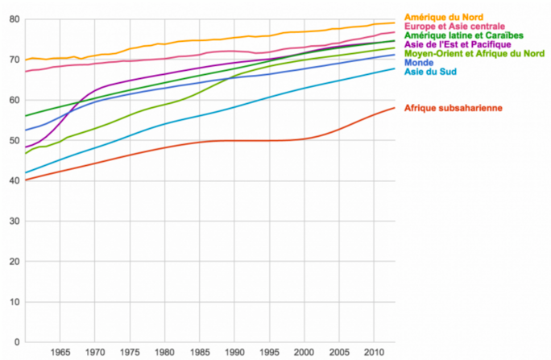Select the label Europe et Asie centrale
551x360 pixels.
pos(454,27)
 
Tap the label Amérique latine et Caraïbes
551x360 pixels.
pos(464,36)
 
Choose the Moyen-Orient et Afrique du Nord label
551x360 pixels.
pos(475,54)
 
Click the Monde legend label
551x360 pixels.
pos(416,63)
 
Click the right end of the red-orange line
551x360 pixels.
pos(394,108)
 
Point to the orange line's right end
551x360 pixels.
pos(394,23)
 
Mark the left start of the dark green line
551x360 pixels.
pos(26,116)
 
